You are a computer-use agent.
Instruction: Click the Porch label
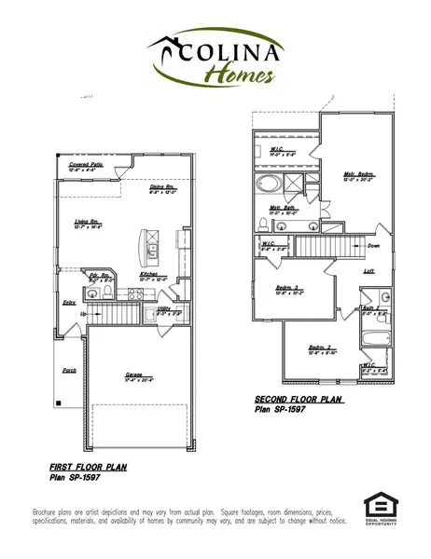(69, 369)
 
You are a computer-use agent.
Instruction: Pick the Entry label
(69, 303)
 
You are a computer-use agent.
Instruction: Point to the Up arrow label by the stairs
(84, 314)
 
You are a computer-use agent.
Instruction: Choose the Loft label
(368, 271)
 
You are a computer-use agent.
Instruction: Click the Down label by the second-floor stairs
(374, 246)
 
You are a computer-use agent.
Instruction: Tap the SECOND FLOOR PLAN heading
(299, 400)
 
